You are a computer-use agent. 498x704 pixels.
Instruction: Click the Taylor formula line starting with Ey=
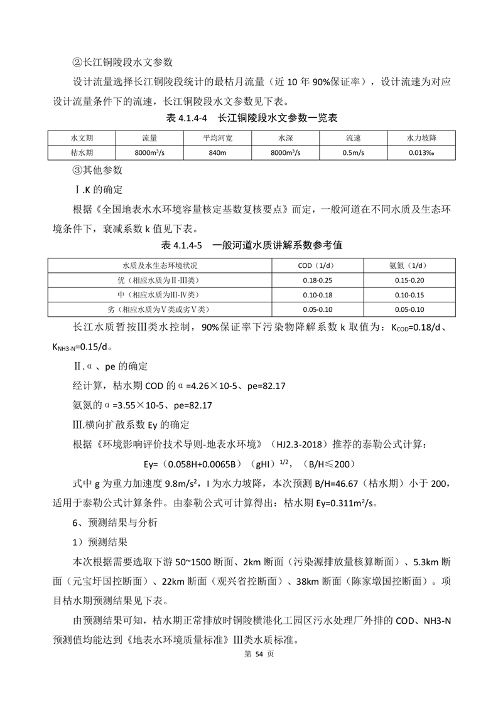[249, 464]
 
